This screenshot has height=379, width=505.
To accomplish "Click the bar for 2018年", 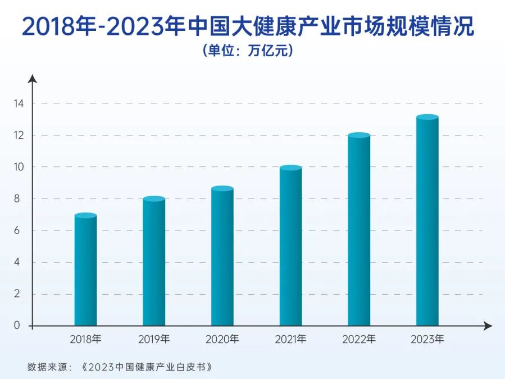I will pos(85,270).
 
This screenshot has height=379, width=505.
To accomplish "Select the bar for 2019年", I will pos(154,262).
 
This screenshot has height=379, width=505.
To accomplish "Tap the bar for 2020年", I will pos(222,257).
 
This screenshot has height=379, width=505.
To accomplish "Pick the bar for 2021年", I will pos(291,247).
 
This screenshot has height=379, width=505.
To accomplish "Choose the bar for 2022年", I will pos(359,231).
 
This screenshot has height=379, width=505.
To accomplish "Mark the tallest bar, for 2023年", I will pos(427,222).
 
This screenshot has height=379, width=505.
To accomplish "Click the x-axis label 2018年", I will pos(85,339).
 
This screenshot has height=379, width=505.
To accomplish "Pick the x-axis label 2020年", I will pos(222,339).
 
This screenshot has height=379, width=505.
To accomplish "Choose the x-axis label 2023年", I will pos(427,339).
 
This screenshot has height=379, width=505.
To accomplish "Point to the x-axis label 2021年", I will pos(291,339).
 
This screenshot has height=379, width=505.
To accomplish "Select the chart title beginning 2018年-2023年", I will pos(248,27).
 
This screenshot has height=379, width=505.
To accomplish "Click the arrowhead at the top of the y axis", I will pos(33,78).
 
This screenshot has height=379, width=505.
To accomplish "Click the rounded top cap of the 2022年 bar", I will pos(359,136).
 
